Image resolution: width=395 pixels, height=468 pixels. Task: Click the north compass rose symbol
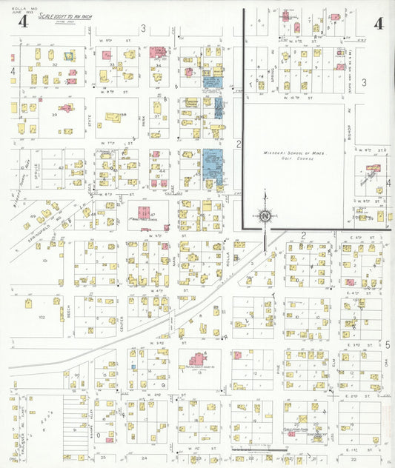pyautogui.click(x=265, y=215)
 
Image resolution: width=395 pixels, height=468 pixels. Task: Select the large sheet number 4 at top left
pyautogui.click(x=24, y=21)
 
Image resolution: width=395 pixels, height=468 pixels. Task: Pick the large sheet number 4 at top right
pyautogui.click(x=379, y=23)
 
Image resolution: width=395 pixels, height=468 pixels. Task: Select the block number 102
pyautogui.click(x=43, y=316)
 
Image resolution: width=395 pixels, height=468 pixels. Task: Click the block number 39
pyautogui.click(x=54, y=116)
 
